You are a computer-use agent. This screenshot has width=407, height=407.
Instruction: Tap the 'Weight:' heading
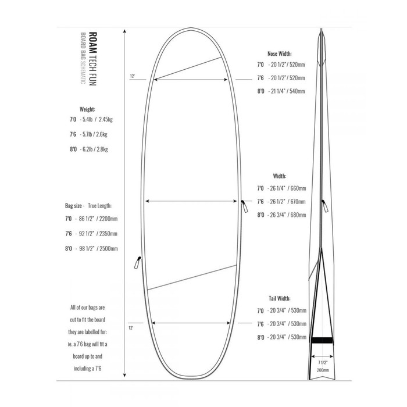[x=87, y=109]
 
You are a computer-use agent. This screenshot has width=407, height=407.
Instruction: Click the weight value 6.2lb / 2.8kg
[x=95, y=149]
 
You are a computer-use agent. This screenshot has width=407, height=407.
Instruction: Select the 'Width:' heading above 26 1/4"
[x=280, y=175]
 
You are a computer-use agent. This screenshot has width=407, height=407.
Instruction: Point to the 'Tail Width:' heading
[x=280, y=297]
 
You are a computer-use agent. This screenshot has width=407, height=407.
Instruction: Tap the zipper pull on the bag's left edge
[x=138, y=260]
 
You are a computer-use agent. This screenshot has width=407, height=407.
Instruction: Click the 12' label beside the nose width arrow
[x=133, y=76]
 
